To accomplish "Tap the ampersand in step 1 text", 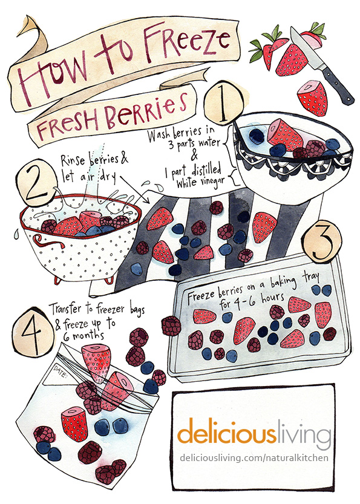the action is tap(194, 155).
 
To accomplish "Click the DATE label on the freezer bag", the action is tap(60, 371).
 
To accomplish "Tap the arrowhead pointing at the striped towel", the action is tap(147, 201).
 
